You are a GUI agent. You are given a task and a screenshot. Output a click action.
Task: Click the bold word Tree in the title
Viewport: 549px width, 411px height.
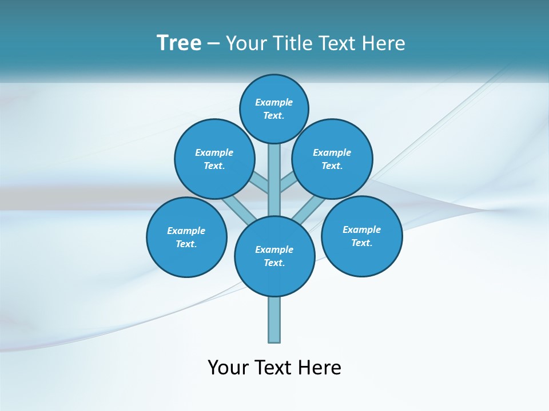179,43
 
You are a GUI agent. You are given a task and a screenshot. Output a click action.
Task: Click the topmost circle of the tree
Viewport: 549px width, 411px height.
274,108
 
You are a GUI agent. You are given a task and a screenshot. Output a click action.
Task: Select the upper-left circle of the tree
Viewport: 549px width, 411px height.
214,159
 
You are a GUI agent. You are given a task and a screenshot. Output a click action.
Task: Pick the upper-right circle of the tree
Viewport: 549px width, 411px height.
332,159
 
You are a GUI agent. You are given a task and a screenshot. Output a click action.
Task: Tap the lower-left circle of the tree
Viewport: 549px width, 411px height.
186,237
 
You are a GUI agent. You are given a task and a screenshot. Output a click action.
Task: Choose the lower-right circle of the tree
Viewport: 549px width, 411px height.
361,236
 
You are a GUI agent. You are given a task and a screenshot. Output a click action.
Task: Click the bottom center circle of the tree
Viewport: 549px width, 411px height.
274,256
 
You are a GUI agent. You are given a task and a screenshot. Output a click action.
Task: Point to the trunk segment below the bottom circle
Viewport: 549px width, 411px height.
274,320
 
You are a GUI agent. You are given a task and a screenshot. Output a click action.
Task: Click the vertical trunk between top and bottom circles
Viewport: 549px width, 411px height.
274,180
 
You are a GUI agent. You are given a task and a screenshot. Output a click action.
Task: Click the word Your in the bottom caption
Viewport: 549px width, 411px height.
227,368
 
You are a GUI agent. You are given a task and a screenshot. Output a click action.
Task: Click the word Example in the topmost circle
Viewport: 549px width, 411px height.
274,102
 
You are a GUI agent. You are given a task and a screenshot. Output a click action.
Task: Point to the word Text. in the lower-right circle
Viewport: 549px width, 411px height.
361,243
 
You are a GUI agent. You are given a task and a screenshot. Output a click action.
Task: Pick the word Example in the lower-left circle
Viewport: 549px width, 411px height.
186,231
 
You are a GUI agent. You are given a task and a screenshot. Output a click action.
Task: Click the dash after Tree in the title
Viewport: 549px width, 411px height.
213,43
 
